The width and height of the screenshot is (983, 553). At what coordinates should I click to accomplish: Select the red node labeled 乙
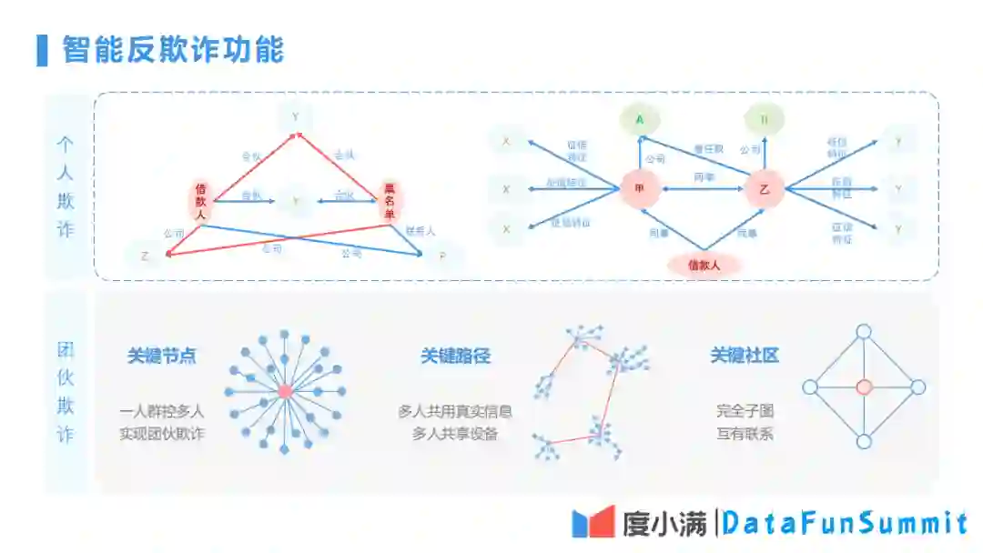point(765,189)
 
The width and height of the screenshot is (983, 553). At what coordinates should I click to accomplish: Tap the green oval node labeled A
point(640,119)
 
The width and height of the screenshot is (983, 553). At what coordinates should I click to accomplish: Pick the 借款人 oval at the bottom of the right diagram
point(704,265)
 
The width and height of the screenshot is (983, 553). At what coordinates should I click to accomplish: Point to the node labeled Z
point(145,256)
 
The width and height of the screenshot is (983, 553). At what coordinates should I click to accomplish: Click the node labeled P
point(442,257)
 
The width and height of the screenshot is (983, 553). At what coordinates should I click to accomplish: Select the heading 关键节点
point(162,356)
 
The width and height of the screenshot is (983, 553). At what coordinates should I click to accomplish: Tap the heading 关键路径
point(455,356)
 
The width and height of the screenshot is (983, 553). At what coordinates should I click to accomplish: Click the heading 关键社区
point(745,356)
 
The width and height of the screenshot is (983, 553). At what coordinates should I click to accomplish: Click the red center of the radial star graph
point(285,391)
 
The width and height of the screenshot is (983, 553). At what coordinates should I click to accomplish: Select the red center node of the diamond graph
point(864,387)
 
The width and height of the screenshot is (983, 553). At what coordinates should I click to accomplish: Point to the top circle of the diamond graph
point(864,332)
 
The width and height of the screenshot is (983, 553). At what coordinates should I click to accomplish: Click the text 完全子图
point(745,411)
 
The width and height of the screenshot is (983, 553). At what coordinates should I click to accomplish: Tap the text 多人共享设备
point(455,434)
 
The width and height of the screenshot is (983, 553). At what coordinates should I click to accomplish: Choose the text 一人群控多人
point(162,411)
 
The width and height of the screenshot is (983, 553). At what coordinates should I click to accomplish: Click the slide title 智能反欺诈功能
point(173,49)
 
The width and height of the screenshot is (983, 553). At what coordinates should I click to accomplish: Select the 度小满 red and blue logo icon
point(593,522)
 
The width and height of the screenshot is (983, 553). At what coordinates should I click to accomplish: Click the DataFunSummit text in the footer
point(846,523)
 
